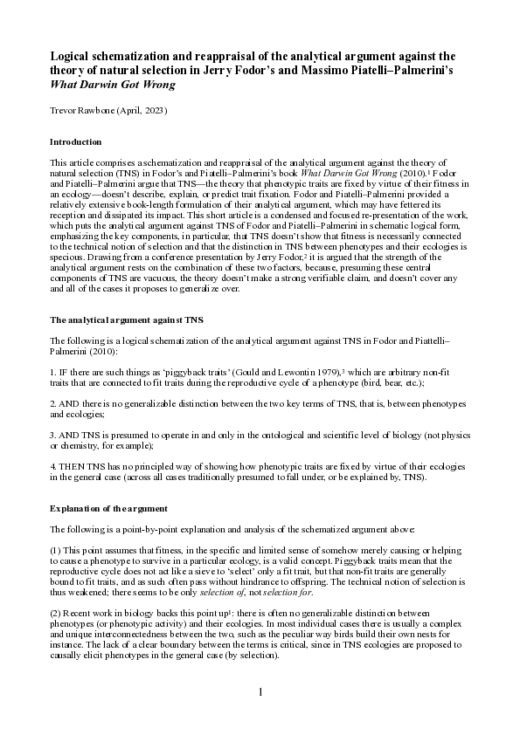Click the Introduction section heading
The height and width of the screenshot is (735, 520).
[x=76, y=141]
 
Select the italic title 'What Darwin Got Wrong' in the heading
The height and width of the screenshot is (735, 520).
[x=113, y=85]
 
